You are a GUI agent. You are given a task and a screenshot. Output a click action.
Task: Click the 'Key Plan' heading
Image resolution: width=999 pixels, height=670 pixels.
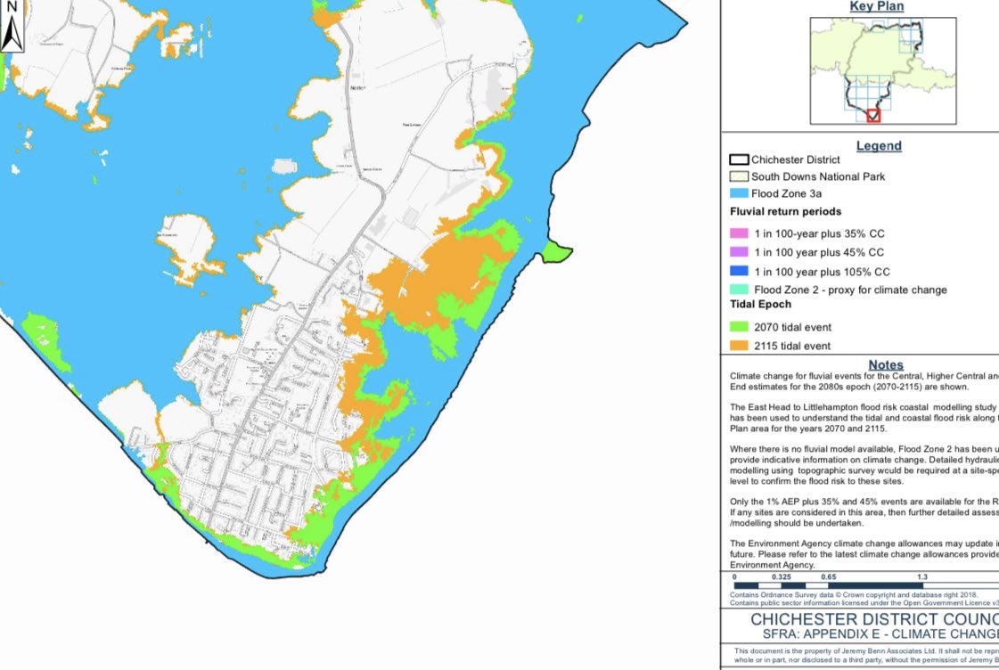[x=876, y=7]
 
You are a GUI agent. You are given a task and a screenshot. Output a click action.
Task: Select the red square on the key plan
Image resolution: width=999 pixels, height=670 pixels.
[x=873, y=116]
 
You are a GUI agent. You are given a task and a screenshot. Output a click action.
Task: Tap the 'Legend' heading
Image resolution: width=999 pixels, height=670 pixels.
[x=879, y=146]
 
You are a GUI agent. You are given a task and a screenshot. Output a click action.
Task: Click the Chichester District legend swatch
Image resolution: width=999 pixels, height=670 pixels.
[x=739, y=160]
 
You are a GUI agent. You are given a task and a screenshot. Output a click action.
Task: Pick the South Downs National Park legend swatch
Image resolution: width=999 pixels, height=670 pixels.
[x=739, y=176]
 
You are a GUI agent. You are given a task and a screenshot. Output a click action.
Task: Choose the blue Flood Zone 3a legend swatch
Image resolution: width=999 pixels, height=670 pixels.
[x=739, y=193]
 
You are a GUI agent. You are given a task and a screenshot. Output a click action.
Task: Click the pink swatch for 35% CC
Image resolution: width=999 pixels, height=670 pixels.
[x=739, y=233]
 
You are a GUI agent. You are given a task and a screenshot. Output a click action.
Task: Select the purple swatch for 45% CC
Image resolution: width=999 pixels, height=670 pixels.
[x=739, y=252]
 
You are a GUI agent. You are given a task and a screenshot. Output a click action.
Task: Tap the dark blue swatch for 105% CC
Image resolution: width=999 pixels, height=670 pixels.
[x=739, y=272]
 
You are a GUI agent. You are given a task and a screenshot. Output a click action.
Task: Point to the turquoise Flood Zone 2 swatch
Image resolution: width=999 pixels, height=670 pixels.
[x=739, y=290]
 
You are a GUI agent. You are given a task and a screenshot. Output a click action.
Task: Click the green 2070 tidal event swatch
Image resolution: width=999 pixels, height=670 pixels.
[x=739, y=328]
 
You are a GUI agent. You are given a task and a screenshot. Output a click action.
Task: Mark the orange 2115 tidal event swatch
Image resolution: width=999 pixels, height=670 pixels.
[x=739, y=346]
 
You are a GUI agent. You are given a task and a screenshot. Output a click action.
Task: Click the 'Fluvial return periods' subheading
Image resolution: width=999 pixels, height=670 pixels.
[x=785, y=212]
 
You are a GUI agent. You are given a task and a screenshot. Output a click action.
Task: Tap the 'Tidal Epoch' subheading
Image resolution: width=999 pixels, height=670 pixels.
[x=760, y=305]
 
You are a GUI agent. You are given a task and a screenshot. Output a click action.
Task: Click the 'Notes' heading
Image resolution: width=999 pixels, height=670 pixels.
[x=886, y=365]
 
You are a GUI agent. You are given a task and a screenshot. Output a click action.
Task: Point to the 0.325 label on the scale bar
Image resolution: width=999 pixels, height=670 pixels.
[x=782, y=577]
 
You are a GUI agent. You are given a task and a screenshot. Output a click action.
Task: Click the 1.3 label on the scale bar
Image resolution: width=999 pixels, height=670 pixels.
[x=922, y=577]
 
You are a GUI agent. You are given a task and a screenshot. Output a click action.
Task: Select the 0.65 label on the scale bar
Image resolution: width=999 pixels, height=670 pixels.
[x=828, y=577]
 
